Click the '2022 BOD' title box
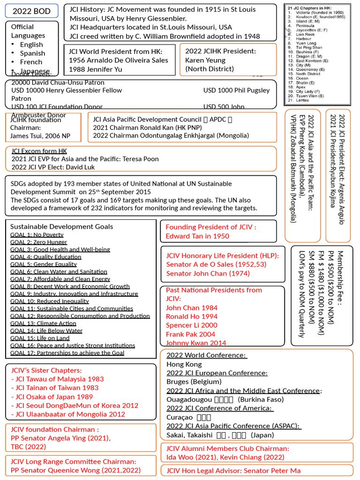click(x=31, y=11)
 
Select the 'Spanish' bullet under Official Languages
click(x=32, y=53)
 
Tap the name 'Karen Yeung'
click(x=205, y=60)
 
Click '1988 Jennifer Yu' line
click(x=95, y=69)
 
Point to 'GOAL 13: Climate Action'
click(x=43, y=323)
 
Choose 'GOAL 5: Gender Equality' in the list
click(x=44, y=264)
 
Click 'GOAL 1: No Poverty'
click(x=37, y=235)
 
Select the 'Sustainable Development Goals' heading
click(x=61, y=226)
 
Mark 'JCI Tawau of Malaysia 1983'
click(x=59, y=379)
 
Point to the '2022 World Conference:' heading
click(x=207, y=355)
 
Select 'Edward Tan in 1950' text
click(x=197, y=236)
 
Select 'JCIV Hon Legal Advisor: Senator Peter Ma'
click(x=233, y=471)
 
